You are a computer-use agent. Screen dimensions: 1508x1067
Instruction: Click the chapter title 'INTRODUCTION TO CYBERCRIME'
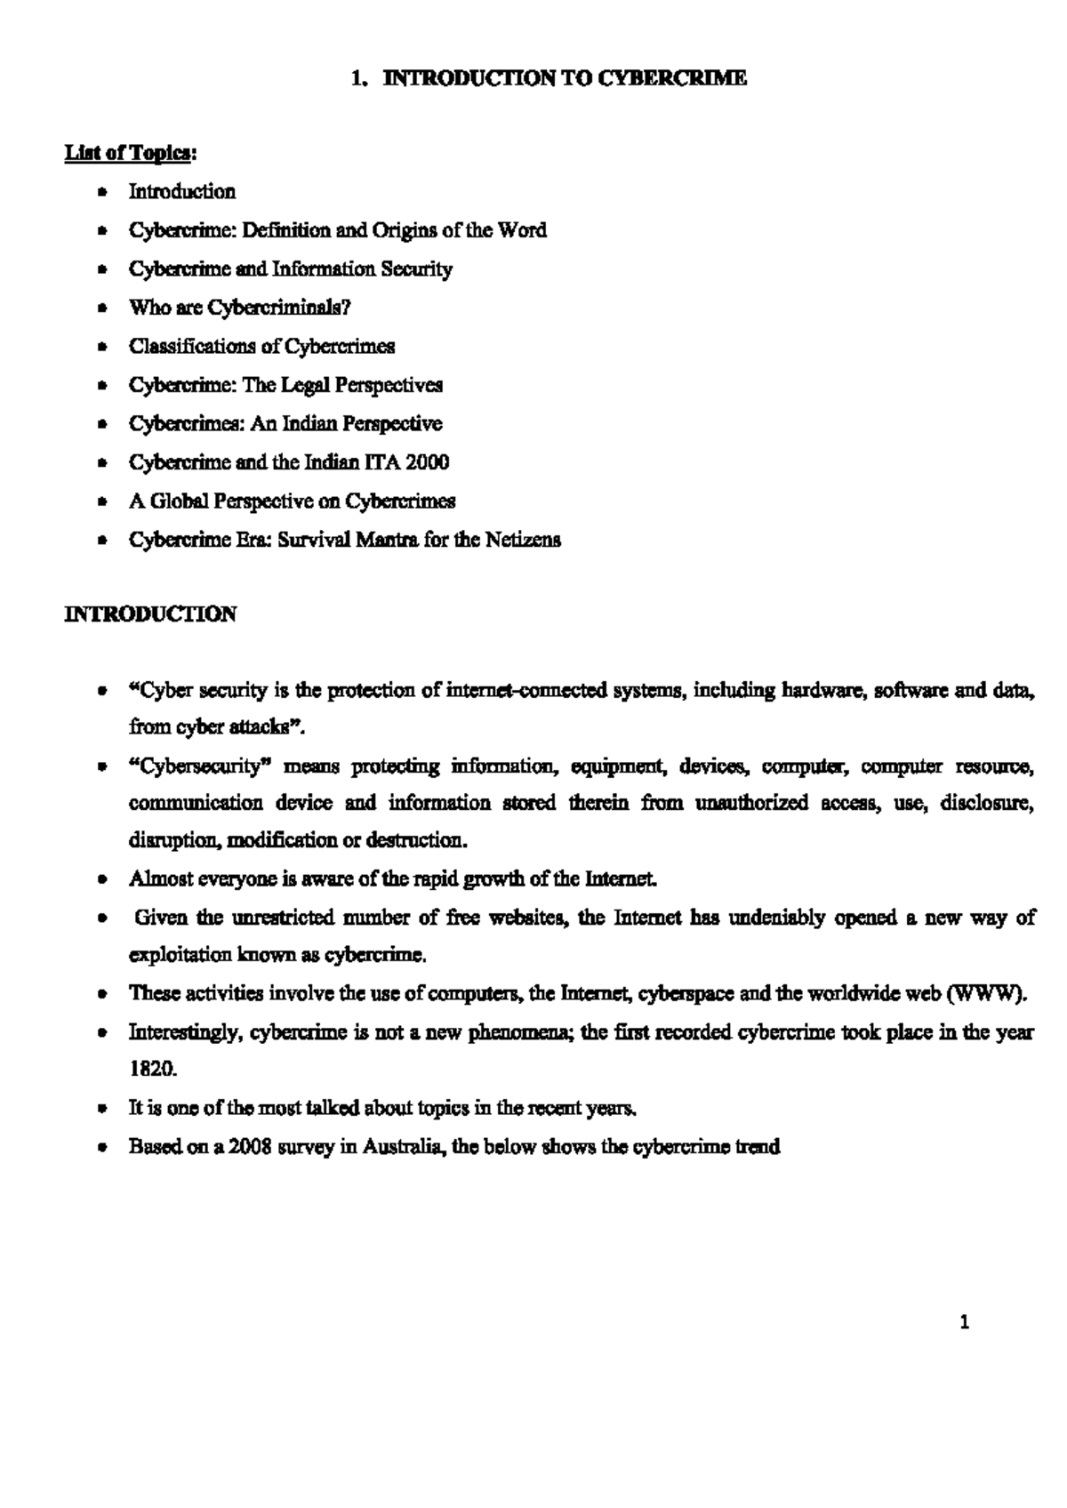coord(565,79)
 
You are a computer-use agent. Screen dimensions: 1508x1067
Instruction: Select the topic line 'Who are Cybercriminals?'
coord(240,308)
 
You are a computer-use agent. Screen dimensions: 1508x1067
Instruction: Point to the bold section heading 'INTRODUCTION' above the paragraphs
coord(150,614)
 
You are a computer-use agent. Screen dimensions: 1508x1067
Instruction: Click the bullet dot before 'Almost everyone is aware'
coord(105,880)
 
